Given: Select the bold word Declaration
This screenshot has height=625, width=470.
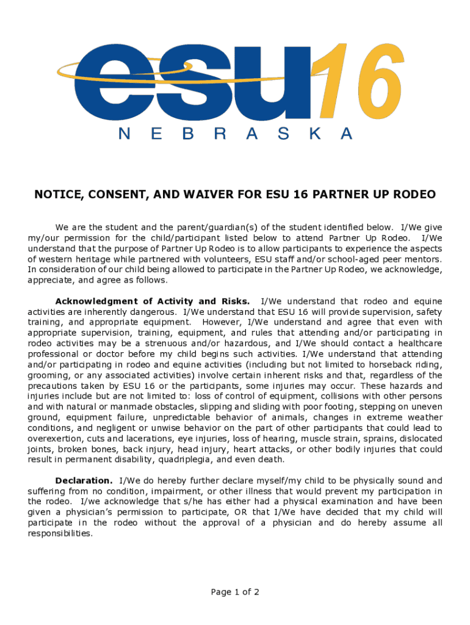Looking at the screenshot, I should [84, 480].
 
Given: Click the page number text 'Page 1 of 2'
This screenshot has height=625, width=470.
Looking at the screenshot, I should [235, 591].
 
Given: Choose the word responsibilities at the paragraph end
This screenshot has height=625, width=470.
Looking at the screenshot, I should [60, 533].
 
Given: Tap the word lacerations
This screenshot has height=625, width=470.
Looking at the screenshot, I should [150, 438].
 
